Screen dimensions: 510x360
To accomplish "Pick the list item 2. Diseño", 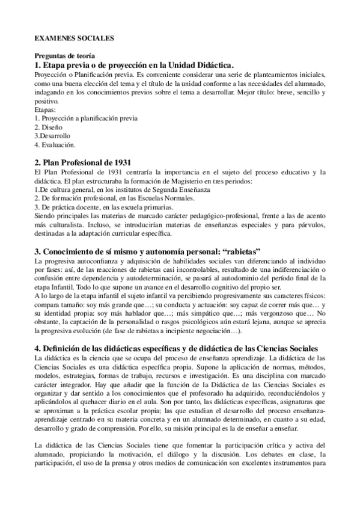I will point(48,127).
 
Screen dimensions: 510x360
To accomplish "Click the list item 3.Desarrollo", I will point(52,136).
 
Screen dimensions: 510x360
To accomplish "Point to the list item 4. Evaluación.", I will point(55,144).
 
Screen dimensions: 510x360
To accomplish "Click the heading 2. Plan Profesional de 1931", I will point(83,163).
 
